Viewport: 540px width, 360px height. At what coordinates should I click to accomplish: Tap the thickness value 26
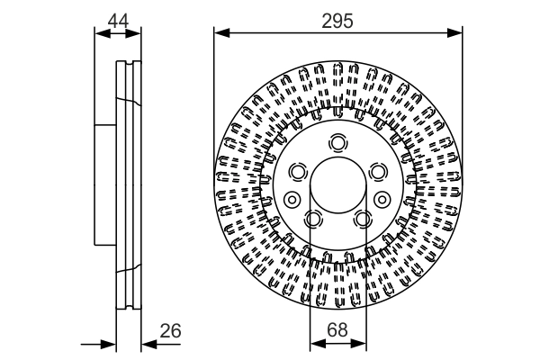171,331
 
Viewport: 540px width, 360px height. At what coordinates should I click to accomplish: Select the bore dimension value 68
337,331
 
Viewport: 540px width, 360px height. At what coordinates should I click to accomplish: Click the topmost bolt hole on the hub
337,142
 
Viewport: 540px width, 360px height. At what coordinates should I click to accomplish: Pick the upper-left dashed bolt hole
298,171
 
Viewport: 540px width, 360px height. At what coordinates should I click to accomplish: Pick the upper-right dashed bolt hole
377,171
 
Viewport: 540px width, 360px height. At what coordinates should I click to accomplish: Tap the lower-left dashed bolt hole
313,219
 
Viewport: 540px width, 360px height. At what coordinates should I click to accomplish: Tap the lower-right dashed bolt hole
362,219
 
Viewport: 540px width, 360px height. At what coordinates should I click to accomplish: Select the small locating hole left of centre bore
291,199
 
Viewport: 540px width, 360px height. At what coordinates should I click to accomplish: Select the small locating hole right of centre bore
383,199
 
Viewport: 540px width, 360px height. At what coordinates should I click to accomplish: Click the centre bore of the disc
337,190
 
